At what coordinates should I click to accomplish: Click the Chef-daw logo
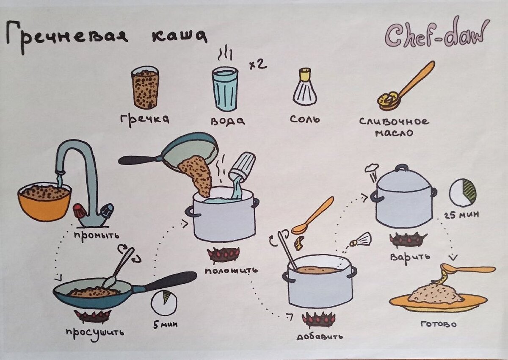point(436,34)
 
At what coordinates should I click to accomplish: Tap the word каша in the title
point(179,36)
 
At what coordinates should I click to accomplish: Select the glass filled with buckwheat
point(145,87)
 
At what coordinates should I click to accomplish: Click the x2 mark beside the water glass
point(258,65)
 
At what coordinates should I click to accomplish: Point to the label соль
point(305,119)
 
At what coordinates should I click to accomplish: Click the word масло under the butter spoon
point(394,133)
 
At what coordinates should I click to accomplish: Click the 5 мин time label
point(166,325)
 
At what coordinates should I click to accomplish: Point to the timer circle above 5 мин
point(164,302)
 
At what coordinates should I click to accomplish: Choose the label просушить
point(95,332)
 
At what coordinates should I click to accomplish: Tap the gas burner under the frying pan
point(93,316)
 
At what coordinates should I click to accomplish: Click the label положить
point(231,271)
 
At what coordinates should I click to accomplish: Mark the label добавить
point(320,336)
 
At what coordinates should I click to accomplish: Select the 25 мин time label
point(461,215)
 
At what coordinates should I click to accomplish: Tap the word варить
point(410,257)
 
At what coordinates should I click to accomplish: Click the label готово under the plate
point(439,324)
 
